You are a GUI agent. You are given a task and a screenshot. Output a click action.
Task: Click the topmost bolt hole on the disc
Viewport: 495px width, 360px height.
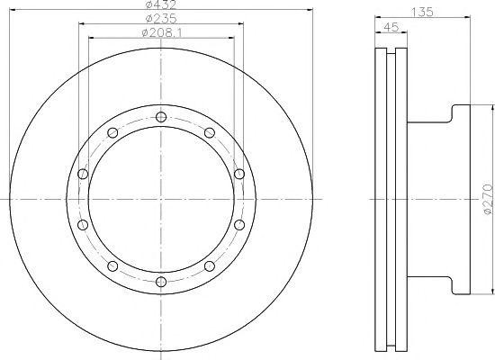(160, 117)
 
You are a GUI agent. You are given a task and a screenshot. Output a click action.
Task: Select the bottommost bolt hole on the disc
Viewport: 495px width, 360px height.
(160, 282)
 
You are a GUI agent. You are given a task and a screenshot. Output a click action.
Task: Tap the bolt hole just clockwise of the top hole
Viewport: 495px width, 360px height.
(209, 133)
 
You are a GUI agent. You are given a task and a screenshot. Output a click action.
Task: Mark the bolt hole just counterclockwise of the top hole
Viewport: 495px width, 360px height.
(112, 133)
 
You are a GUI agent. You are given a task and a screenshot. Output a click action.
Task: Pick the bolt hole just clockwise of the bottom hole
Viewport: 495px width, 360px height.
(112, 265)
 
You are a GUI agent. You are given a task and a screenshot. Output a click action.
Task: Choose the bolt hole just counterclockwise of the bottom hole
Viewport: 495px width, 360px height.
(209, 265)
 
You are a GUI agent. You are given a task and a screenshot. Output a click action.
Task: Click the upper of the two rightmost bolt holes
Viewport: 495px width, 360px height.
(238, 174)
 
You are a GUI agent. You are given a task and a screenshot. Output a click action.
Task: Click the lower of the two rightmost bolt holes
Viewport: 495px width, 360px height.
(238, 225)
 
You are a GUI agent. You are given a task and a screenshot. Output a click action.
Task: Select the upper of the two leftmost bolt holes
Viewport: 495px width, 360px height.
(82, 174)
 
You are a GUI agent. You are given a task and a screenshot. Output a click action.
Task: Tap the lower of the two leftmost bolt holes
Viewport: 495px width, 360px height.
(82, 225)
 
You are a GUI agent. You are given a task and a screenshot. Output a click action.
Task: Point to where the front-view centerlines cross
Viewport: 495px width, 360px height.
(160, 199)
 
